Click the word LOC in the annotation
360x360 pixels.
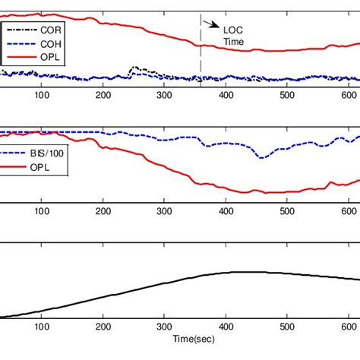[x=231, y=30]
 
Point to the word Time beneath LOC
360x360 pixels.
[x=233, y=42]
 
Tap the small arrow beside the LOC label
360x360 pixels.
[x=209, y=25]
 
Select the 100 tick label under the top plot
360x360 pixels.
[x=42, y=95]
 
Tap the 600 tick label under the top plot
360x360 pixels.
[x=348, y=95]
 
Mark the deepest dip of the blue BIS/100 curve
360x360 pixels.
[x=261, y=157]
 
